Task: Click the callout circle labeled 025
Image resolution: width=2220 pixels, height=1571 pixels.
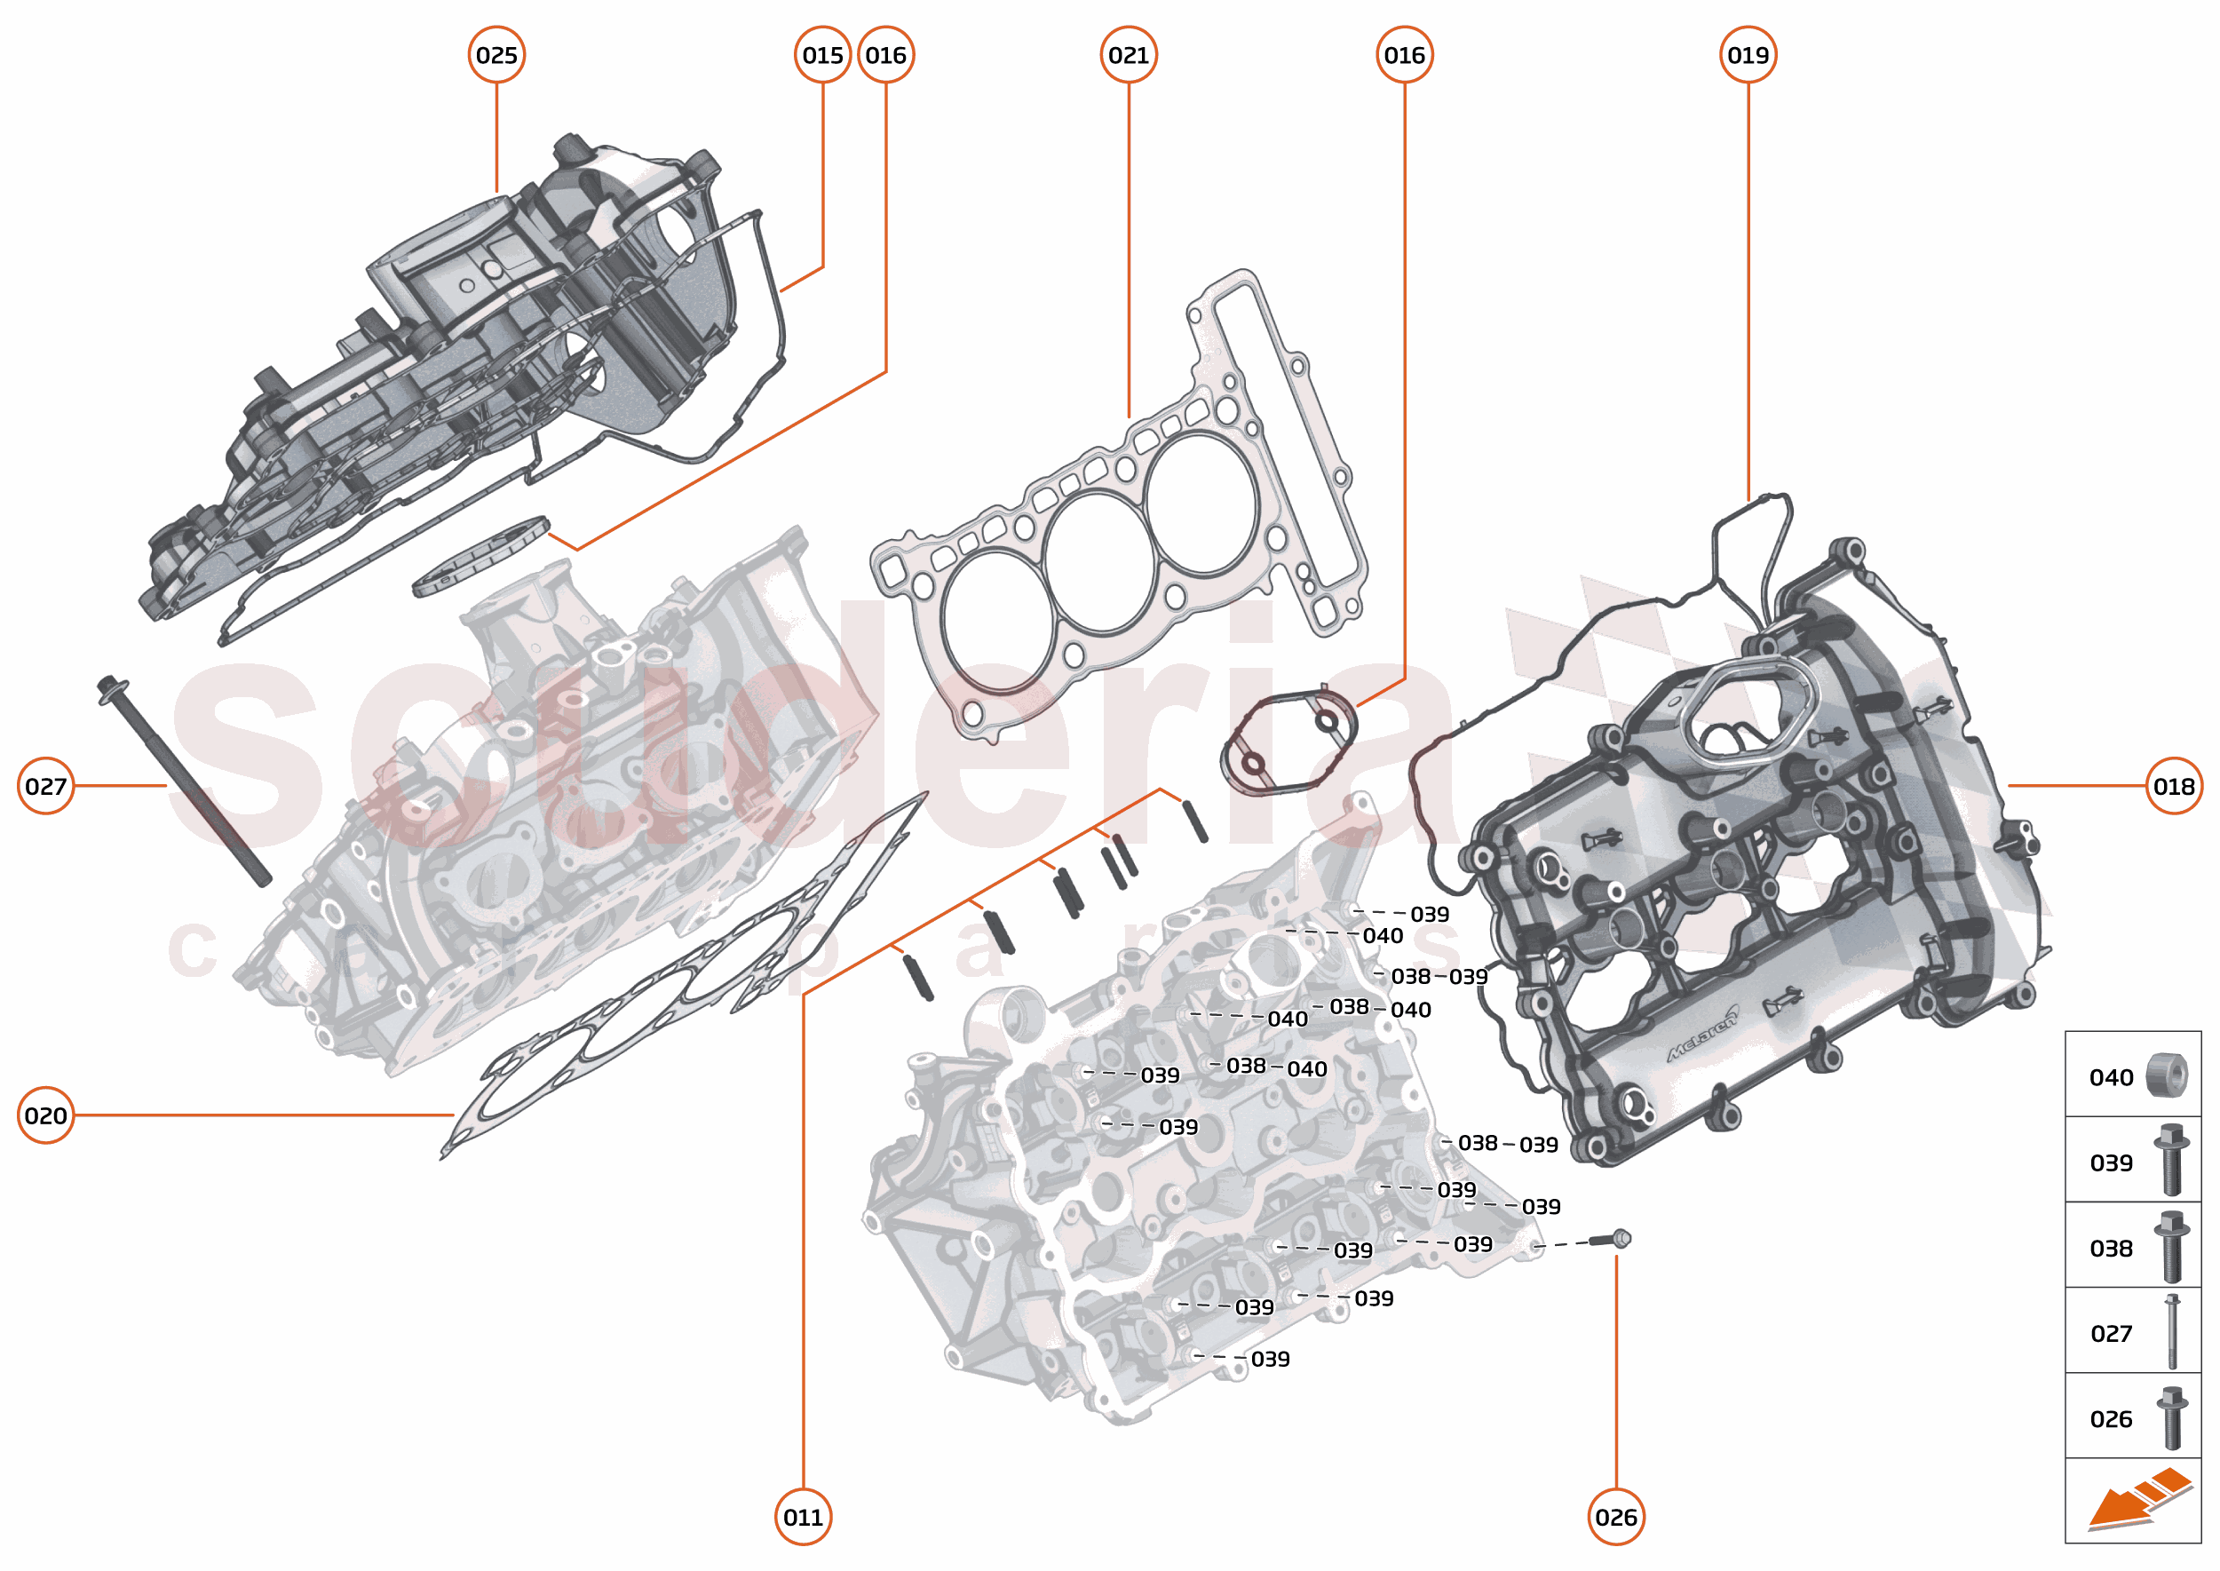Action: [x=496, y=55]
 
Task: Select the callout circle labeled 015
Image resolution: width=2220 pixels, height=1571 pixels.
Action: [x=822, y=55]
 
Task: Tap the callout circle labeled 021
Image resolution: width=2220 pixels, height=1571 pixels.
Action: [x=1128, y=55]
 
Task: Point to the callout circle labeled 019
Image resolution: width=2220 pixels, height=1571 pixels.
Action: [x=1747, y=55]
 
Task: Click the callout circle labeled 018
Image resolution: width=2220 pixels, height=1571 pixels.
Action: [x=2173, y=787]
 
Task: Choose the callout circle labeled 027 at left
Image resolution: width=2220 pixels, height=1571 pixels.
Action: [x=45, y=787]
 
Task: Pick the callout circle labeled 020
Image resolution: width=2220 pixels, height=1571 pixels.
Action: [x=45, y=1115]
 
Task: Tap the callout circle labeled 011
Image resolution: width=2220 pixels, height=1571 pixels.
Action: [x=803, y=1517]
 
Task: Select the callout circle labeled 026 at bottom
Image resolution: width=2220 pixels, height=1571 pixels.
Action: [x=1615, y=1517]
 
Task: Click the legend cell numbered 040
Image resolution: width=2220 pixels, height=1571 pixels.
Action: [x=2132, y=1075]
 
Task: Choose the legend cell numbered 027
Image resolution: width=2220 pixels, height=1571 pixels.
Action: [x=2132, y=1333]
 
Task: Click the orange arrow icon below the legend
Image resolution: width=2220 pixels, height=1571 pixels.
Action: [x=2137, y=1499]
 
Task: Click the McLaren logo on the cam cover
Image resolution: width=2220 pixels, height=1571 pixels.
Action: [x=1702, y=1033]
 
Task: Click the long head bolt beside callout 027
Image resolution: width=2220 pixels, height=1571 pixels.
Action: [x=184, y=782]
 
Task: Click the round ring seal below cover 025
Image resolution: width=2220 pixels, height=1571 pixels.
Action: [x=480, y=559]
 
